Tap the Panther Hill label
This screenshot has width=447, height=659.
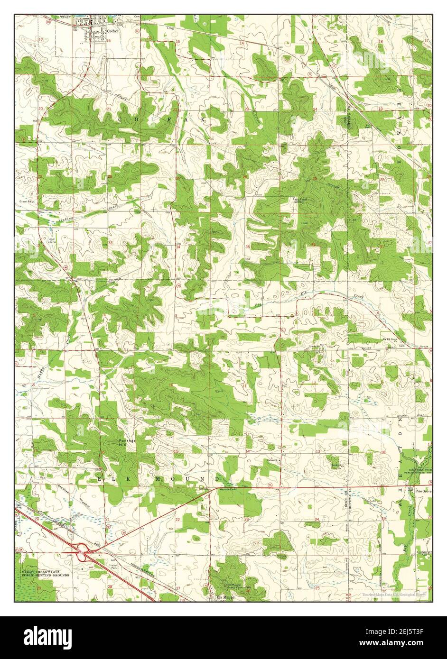pyautogui.click(x=127, y=443)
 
